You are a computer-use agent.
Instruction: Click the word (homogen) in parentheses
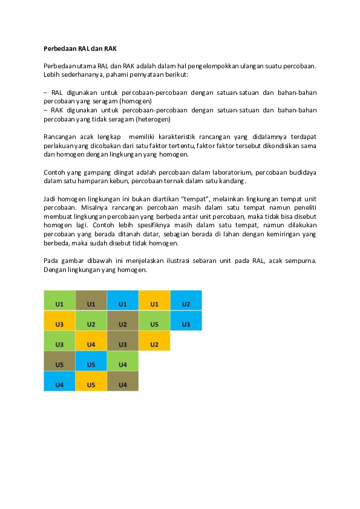[139, 101]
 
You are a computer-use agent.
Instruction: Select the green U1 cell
[59, 303]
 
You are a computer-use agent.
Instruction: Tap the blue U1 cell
[122, 303]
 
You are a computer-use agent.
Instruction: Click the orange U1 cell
[154, 303]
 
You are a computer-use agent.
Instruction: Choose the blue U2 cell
[186, 303]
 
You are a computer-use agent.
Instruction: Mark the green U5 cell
[154, 324]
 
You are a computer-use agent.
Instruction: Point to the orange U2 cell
[154, 344]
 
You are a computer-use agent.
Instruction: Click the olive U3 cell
[122, 344]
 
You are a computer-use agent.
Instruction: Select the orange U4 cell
[91, 344]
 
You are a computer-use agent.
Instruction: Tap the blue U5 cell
[91, 365]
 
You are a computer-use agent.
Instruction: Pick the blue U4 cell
[59, 384]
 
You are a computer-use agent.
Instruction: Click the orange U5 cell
[91, 384]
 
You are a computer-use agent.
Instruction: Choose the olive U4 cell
[122, 384]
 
